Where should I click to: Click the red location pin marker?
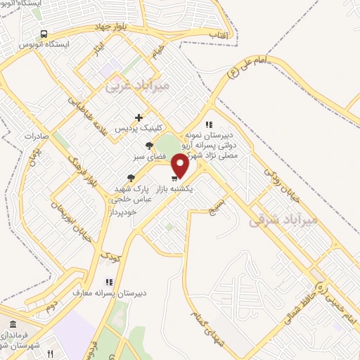pyautogui.click(x=181, y=166)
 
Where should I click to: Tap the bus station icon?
pyautogui.click(x=44, y=34)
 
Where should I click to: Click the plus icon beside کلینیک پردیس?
pyautogui.click(x=139, y=117)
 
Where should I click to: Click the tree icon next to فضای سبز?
pyautogui.click(x=148, y=146)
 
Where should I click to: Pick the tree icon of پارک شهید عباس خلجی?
pyautogui.click(x=130, y=179)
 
